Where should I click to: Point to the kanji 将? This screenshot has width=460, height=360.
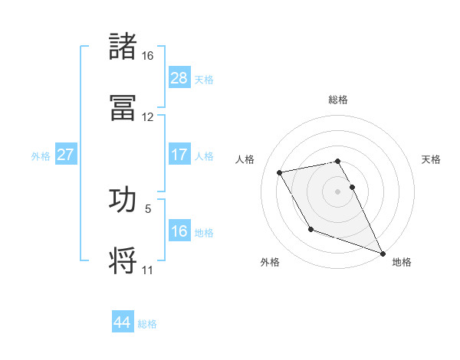[x=123, y=260]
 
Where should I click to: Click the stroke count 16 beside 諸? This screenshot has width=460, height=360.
[x=148, y=56]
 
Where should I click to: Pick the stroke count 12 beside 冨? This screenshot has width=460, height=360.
[x=148, y=117]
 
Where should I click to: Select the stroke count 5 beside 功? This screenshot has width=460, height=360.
[x=148, y=208]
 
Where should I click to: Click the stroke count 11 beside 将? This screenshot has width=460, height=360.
[x=148, y=270]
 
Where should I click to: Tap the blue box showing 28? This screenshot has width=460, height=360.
[x=179, y=78]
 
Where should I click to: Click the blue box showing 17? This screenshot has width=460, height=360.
[x=179, y=155]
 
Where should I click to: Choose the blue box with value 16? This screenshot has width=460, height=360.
[x=179, y=231]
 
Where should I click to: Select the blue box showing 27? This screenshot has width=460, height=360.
[x=65, y=155]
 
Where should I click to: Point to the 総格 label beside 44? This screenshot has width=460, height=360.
[x=148, y=324]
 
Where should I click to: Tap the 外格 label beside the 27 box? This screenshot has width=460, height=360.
[x=41, y=156]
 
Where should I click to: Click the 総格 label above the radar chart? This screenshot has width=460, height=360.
[x=338, y=100]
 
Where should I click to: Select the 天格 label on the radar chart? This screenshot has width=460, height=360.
[x=432, y=159]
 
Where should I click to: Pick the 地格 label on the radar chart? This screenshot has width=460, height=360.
[x=402, y=262]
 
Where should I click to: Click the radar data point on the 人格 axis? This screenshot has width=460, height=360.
[x=280, y=172]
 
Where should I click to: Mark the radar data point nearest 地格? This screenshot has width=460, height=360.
[x=383, y=253]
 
